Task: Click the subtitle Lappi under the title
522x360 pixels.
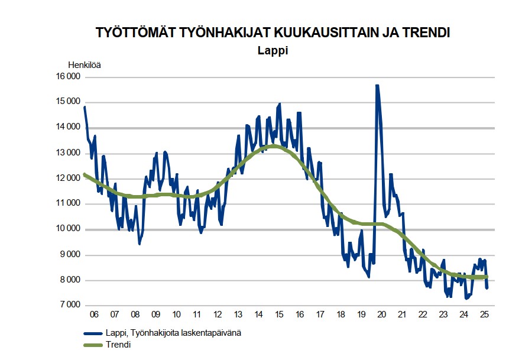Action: [273, 51]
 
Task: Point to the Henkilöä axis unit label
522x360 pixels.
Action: [85, 65]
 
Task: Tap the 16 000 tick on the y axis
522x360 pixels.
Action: [67, 77]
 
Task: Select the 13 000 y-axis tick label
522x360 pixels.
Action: [67, 153]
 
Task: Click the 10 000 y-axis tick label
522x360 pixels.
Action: [67, 229]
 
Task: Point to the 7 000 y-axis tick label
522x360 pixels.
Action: [69, 306]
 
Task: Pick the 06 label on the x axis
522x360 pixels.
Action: [94, 314]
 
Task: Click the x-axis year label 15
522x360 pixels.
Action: [278, 314]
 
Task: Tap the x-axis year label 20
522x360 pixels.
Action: [381, 314]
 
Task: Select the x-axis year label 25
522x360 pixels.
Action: [484, 314]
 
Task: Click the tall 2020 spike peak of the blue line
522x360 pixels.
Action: [377, 86]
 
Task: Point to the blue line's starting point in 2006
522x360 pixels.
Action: [85, 107]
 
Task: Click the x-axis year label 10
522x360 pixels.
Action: [176, 314]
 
